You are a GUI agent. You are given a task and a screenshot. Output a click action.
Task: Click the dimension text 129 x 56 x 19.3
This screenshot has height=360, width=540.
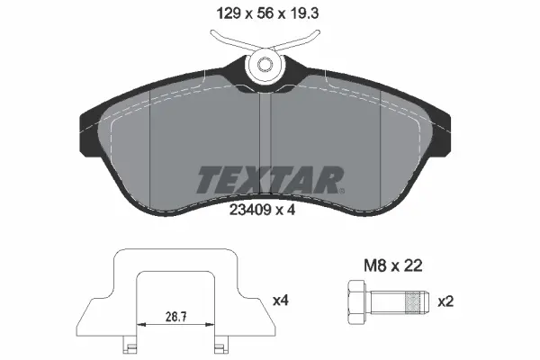click(270, 15)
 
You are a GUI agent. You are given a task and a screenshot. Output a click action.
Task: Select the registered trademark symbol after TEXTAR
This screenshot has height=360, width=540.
click(341, 190)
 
